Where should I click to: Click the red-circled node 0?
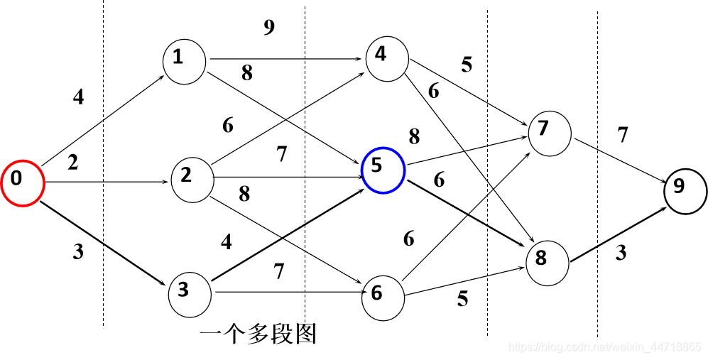point(22,183)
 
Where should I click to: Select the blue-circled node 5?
point(383,170)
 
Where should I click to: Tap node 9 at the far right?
point(685,188)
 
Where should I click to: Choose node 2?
point(192,178)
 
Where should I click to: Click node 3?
point(190,292)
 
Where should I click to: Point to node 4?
point(386,56)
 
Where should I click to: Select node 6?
point(383,293)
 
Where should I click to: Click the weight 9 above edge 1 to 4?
point(268,28)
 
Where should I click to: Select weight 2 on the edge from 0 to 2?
point(73,163)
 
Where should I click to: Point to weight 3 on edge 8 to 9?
point(621,253)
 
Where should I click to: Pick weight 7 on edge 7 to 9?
point(623,135)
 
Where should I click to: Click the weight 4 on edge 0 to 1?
point(78,97)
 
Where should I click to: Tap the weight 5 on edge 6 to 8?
point(462,299)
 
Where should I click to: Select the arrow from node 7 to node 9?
point(619,160)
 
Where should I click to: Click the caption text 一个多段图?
point(258,334)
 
